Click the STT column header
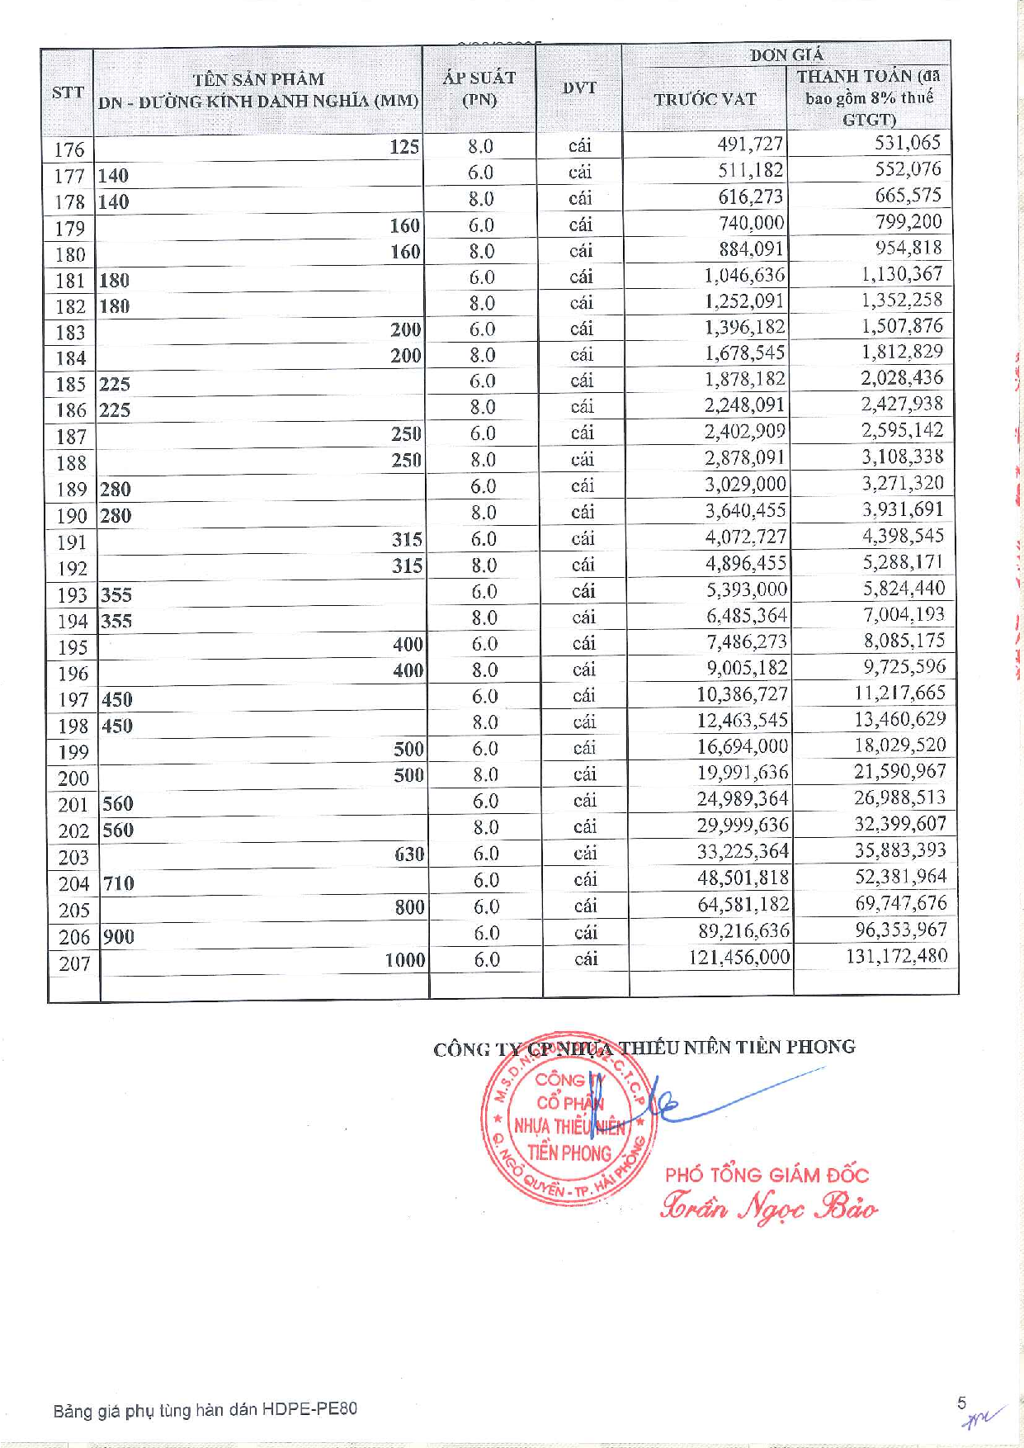pos(68,92)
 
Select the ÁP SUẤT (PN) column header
pos(479,88)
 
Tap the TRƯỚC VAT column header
pos(705,99)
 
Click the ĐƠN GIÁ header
pos(786,54)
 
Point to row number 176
pos(69,149)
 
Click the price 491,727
pos(749,144)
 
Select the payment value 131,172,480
pos(896,956)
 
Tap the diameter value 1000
pos(404,959)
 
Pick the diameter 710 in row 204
pos(118,883)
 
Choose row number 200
pos(73,778)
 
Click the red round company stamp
pos(569,1117)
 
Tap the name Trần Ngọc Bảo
pos(769,1207)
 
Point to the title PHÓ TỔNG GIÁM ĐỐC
pos(767,1174)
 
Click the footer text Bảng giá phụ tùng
pos(205,1409)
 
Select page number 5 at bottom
pos(961,1403)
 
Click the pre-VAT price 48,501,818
pos(743,878)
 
